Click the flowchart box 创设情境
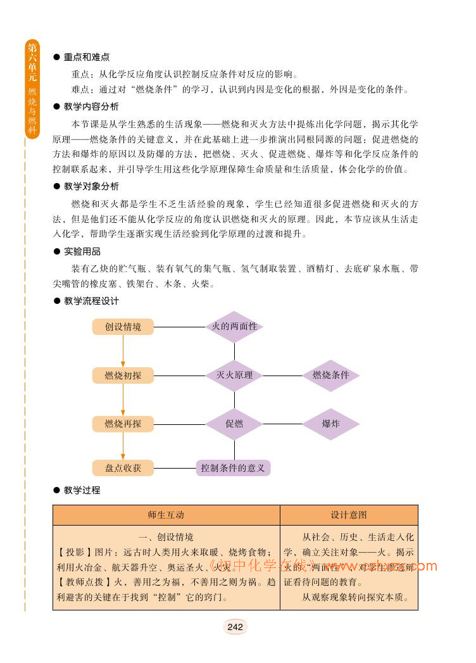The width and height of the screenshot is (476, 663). coord(123,327)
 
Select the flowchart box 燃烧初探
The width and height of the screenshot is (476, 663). coord(123,376)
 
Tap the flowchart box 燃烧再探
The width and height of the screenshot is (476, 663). coord(123,424)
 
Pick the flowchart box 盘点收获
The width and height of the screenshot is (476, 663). coord(123,468)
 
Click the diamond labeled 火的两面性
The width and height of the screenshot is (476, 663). coord(234,327)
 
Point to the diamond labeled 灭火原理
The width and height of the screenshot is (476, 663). coord(234,375)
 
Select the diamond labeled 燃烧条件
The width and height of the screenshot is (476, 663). coord(331,375)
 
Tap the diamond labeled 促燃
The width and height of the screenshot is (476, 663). coord(234,424)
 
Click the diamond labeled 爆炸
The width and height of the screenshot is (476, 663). coord(331,424)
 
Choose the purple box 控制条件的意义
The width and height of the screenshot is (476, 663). coord(232,468)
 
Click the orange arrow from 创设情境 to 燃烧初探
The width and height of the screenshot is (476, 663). coord(123,351)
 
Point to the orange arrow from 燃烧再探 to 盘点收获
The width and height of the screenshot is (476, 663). coord(123,446)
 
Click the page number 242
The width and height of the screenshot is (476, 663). coord(235,627)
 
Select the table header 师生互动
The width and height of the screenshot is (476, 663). coord(166,515)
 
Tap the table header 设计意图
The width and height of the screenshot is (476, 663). coord(348,515)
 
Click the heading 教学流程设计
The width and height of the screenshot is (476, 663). coord(91,301)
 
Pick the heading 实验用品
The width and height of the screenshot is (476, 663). coord(82,251)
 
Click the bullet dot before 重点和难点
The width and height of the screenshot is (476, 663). coord(56,57)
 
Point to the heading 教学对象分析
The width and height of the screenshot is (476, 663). coord(91,187)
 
